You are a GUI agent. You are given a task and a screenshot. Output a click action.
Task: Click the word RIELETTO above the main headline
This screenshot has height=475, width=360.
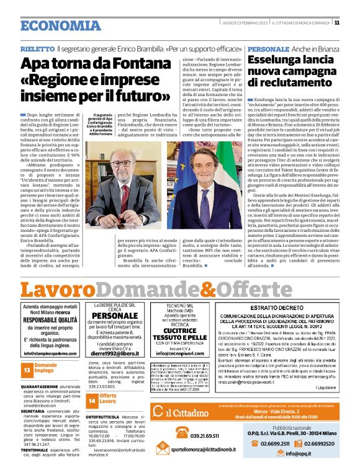pos(37,48)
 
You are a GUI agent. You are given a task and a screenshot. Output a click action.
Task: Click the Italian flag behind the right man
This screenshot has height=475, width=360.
pos(234,161)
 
